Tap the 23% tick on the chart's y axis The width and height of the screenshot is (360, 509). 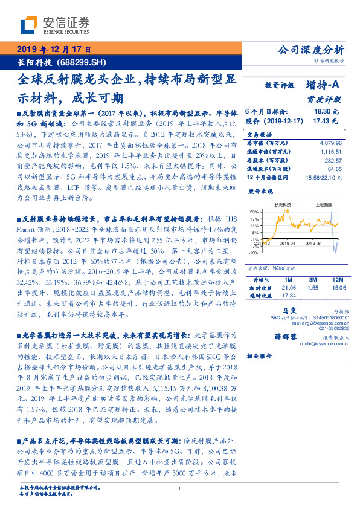point(254,212)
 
